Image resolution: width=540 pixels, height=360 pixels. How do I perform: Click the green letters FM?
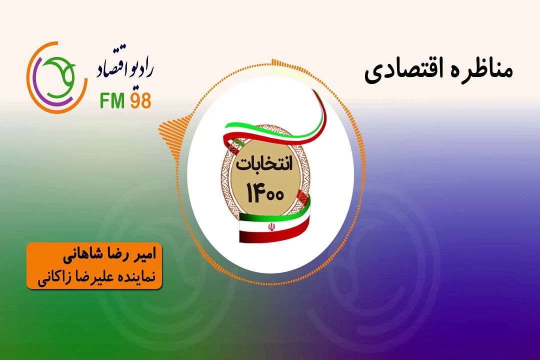point(112,100)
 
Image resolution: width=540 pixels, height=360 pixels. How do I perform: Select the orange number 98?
point(140,100)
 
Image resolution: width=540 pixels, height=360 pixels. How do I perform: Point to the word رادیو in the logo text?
point(140,68)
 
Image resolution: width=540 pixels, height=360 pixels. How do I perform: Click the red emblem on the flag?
point(271,227)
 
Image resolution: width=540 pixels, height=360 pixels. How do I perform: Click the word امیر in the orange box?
point(144,255)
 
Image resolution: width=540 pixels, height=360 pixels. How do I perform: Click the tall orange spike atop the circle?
point(274,62)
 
